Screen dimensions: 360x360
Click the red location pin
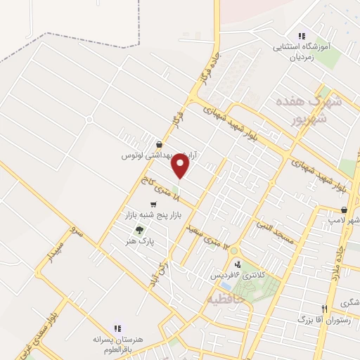point(181,167)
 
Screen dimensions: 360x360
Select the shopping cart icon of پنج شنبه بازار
point(153,204)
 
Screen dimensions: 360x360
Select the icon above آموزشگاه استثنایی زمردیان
point(301,35)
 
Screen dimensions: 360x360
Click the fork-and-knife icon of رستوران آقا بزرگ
point(324,308)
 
